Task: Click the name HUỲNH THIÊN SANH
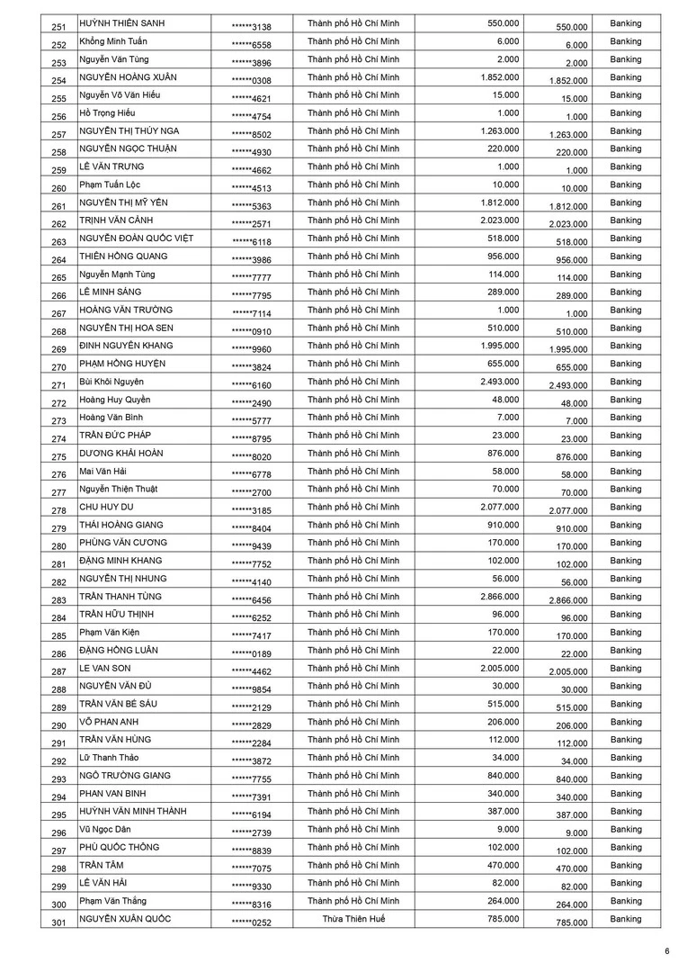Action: (x=120, y=22)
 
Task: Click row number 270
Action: (x=59, y=367)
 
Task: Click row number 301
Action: (x=59, y=922)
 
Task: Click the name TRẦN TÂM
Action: (x=102, y=866)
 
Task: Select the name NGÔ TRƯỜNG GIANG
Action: (x=124, y=776)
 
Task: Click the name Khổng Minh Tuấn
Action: (x=113, y=41)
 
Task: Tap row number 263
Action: (x=59, y=242)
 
